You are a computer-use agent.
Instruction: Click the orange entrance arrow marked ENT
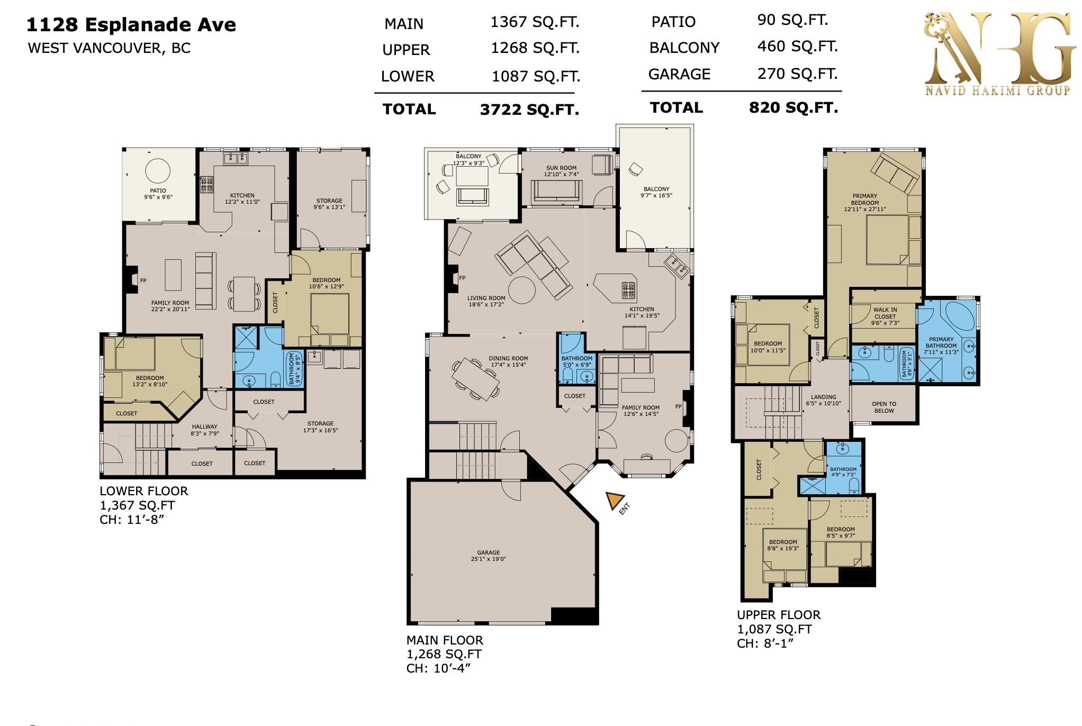pyautogui.click(x=615, y=500)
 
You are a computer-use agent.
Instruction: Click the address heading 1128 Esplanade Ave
pyautogui.click(x=131, y=25)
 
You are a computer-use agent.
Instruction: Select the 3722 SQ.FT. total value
pyautogui.click(x=529, y=110)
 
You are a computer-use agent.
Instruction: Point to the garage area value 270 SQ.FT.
pyautogui.click(x=797, y=74)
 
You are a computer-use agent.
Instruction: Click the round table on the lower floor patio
pyautogui.click(x=158, y=171)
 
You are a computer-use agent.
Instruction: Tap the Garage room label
pyautogui.click(x=489, y=556)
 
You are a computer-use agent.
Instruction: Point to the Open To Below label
pyautogui.click(x=884, y=407)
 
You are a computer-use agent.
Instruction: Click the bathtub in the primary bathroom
pyautogui.click(x=960, y=316)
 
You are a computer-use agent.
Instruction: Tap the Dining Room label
pyautogui.click(x=508, y=361)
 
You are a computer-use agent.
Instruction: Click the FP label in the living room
pyautogui.click(x=462, y=278)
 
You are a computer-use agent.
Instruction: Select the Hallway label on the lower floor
pyautogui.click(x=205, y=430)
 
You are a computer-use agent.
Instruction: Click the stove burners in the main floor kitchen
pyautogui.click(x=628, y=290)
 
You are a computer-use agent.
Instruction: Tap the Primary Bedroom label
pyautogui.click(x=865, y=203)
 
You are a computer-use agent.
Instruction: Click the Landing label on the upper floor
pyautogui.click(x=824, y=400)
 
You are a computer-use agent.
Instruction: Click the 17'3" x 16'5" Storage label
pyautogui.click(x=321, y=427)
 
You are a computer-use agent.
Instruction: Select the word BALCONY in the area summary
pyautogui.click(x=684, y=48)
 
